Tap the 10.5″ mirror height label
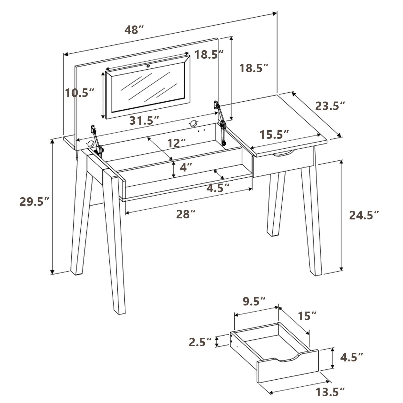point(80,93)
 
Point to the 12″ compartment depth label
point(177,143)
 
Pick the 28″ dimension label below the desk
point(186,214)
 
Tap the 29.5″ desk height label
point(35,201)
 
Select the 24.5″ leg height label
point(364,215)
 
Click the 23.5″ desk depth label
point(330,106)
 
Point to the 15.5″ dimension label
point(274,134)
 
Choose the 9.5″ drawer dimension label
point(254,301)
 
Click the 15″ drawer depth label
point(307,316)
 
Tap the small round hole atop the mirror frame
point(148,65)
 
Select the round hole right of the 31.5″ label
point(193,124)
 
